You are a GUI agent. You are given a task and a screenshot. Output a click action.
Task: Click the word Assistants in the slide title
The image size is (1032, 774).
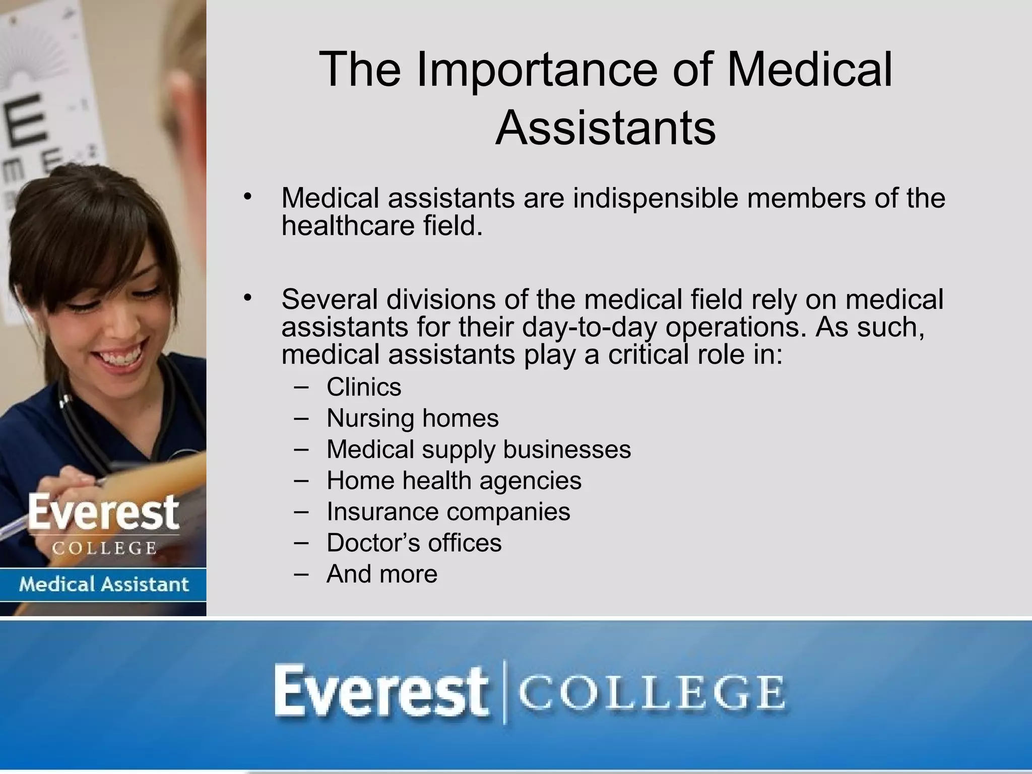coord(605,127)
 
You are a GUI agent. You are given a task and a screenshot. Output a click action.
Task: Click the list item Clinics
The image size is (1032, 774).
coord(364,388)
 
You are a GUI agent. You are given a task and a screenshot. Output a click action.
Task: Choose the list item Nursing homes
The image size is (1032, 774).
coord(412,418)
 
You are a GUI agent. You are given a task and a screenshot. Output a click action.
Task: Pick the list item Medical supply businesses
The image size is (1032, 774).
coord(478,449)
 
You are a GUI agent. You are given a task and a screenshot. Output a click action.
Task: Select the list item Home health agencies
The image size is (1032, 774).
coord(454,481)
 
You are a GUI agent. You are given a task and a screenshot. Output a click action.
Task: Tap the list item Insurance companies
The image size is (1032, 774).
coord(448,512)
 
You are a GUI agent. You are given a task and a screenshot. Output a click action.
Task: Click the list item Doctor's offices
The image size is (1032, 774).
coord(414,543)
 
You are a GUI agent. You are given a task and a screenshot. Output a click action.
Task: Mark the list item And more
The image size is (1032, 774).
coord(381,574)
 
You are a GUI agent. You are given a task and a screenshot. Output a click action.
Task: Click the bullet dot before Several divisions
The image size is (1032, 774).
coord(246,298)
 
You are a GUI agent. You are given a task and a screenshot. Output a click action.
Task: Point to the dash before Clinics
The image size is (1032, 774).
coord(301,387)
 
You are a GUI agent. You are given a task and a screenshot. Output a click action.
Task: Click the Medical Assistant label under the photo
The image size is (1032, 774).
coord(103,585)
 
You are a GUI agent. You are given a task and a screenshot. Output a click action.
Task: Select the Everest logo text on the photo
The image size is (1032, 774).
coord(103,513)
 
